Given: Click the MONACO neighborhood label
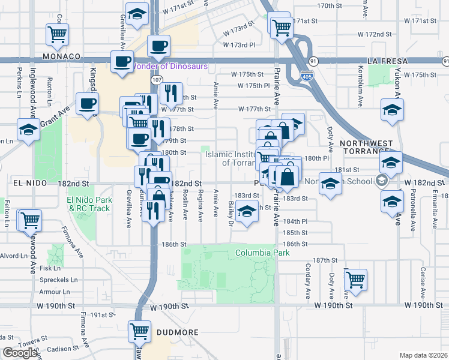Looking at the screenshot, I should click(x=62, y=56).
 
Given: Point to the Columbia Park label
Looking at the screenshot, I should click(x=262, y=253).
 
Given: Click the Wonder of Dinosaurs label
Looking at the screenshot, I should click(x=172, y=66).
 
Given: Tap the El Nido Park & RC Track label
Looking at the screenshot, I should click(x=89, y=204).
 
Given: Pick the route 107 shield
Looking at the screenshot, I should click(x=156, y=80).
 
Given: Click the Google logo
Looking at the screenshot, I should click(x=20, y=353).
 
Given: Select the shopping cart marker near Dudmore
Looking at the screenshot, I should click(x=139, y=331).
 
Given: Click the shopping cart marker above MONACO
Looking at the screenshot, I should click(x=58, y=34).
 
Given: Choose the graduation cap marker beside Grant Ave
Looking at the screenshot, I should click(x=28, y=130).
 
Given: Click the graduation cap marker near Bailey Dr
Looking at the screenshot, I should click(x=247, y=212).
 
